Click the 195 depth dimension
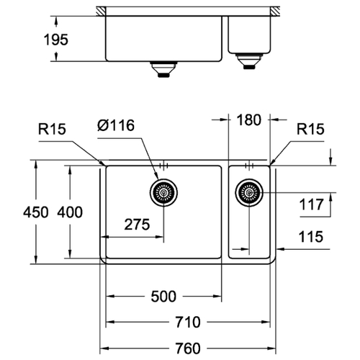pyautogui.click(x=56, y=40)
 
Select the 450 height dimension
pyautogui.click(x=36, y=212)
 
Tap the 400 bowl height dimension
pyautogui.click(x=70, y=212)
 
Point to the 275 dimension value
pyautogui.click(x=137, y=225)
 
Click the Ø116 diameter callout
pyautogui.click(x=116, y=125)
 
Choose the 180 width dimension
pyautogui.click(x=248, y=120)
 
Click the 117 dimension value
pyautogui.click(x=311, y=204)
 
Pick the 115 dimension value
pyautogui.click(x=311, y=237)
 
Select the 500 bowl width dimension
pyautogui.click(x=163, y=297)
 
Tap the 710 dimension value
pyautogui.click(x=188, y=322)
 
